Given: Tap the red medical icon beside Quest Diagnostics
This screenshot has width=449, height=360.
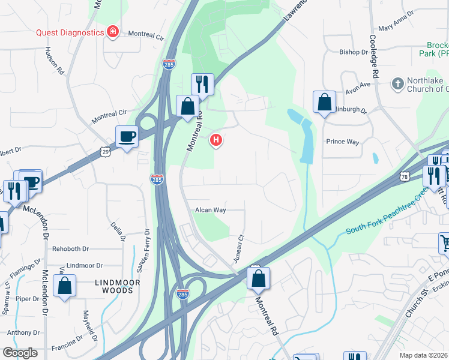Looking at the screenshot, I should (112, 32).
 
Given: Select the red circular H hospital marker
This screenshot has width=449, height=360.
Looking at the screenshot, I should (215, 141).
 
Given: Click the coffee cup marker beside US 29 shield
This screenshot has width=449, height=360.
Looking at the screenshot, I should (127, 137).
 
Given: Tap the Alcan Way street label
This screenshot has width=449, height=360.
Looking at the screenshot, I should (210, 210).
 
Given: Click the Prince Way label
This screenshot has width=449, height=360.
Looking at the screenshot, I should (342, 142).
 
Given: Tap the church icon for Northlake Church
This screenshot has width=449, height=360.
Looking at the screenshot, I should (397, 84).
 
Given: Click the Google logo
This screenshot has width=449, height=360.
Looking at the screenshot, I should (20, 353).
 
